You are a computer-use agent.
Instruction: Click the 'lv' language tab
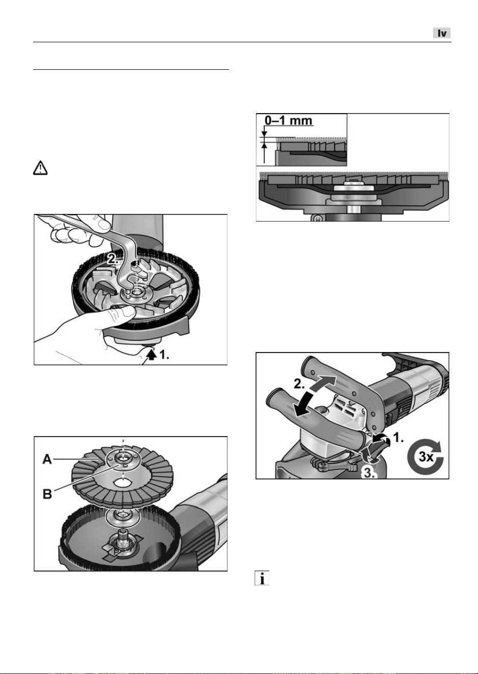(442, 33)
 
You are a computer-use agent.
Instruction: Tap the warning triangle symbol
(40, 168)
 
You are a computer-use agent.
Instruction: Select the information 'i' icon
(262, 578)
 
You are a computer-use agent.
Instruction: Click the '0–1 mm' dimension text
(288, 120)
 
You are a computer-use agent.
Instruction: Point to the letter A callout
(47, 460)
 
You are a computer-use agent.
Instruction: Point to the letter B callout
(47, 494)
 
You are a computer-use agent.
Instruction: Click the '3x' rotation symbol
(425, 457)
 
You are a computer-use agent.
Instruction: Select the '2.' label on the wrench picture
(113, 259)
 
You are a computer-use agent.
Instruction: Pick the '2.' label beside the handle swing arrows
(300, 384)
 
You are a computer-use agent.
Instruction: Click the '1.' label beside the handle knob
(399, 438)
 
